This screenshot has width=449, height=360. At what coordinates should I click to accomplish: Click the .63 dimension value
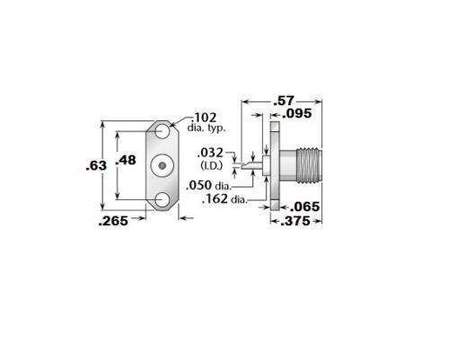tap(96, 165)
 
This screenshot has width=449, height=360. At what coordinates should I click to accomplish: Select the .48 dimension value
tap(126, 160)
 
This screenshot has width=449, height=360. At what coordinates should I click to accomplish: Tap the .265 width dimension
tap(113, 221)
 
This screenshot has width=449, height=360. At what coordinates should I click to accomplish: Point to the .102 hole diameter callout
tap(205, 118)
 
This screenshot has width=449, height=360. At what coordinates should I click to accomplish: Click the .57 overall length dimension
tap(284, 101)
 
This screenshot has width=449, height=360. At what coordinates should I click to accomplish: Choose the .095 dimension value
tap(297, 114)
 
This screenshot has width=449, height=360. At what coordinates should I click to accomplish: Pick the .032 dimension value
tap(210, 153)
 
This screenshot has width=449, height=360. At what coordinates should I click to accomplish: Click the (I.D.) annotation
tap(212, 165)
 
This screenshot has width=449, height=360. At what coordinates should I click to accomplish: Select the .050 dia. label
tap(209, 185)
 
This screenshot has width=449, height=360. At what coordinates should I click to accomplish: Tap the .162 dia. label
tap(224, 198)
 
